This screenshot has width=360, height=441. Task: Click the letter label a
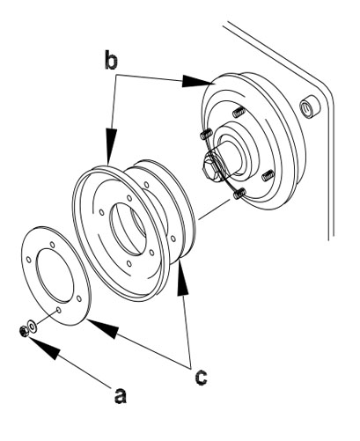(x=120, y=396)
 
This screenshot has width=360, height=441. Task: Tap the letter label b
(x=111, y=60)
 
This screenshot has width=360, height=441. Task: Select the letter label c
(x=201, y=377)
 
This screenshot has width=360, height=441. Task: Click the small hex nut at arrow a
(x=23, y=331)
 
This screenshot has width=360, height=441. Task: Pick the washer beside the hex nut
(x=32, y=326)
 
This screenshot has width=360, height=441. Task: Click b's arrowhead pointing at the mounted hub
(x=196, y=81)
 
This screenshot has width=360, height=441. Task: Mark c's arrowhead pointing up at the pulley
(x=183, y=279)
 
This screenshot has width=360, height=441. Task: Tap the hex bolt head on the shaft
(x=212, y=167)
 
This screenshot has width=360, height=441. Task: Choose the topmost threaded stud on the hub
(x=239, y=112)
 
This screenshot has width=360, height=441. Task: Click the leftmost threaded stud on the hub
(x=206, y=134)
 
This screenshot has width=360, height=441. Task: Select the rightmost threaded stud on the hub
(x=268, y=175)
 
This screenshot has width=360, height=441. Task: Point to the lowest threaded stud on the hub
(x=239, y=194)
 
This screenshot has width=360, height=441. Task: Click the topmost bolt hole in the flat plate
(x=53, y=245)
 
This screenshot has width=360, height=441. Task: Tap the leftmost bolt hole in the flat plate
(x=29, y=260)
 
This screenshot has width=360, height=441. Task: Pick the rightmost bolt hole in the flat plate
(x=79, y=298)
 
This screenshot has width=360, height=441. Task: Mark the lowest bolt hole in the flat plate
(x=58, y=310)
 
